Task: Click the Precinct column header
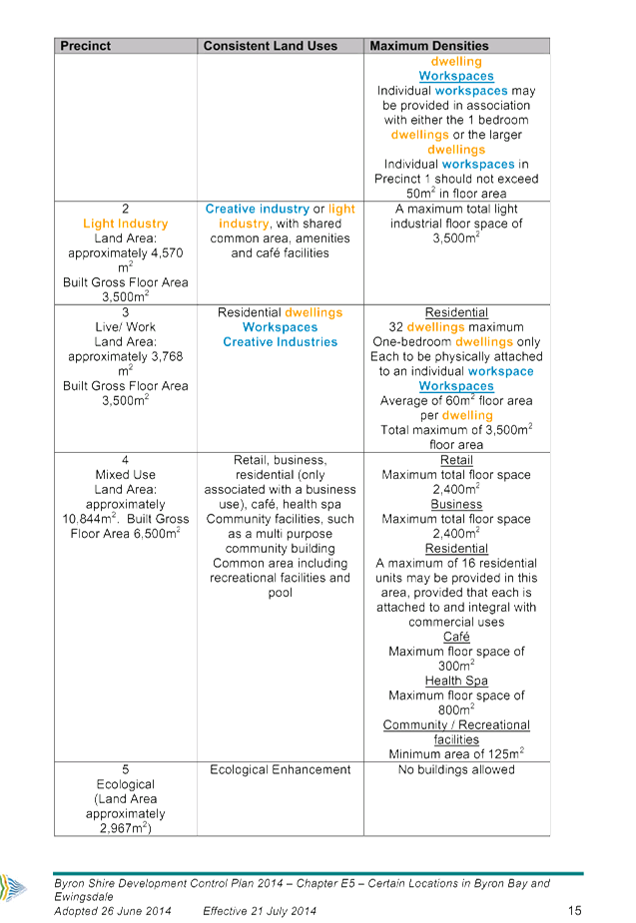pos(86,46)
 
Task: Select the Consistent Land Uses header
pos(271,46)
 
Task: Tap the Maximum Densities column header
pos(429,46)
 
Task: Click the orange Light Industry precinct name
pos(126,224)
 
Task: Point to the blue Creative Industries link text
pos(281,342)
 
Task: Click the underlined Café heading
pos(456,637)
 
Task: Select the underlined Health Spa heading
pos(456,681)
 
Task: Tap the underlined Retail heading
pos(456,460)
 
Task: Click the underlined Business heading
pos(456,504)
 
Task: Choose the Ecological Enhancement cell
pos(281,769)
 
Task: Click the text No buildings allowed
pos(456,769)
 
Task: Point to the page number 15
pos(575,911)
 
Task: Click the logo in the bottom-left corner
pos(13,887)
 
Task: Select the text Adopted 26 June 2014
pos(113,911)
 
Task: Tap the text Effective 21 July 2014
pos(260,911)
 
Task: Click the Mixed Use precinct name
pos(126,474)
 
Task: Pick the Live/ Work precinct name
pos(126,326)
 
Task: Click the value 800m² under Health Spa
pos(456,709)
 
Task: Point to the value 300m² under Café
pos(456,666)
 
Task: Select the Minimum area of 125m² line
pos(456,753)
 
